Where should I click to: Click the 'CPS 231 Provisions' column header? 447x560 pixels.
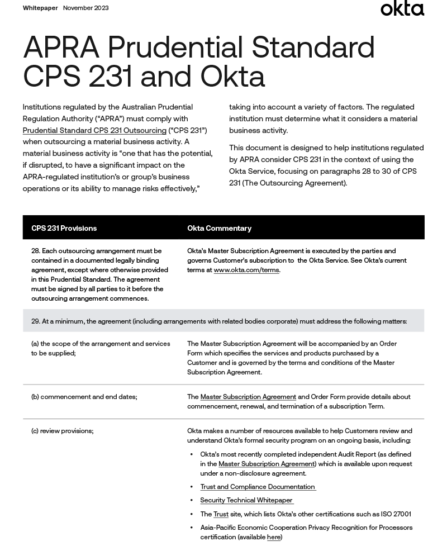(x=64, y=229)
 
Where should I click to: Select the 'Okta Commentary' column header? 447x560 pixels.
(x=219, y=229)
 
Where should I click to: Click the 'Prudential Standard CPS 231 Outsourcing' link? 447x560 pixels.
(x=94, y=131)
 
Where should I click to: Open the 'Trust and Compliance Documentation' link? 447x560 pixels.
(x=258, y=487)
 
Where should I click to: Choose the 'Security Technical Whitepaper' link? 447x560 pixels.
(x=246, y=501)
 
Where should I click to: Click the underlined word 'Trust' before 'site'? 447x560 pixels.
(x=221, y=514)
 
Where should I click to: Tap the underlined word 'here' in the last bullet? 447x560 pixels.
(x=273, y=538)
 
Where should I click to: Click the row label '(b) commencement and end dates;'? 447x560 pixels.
(x=84, y=397)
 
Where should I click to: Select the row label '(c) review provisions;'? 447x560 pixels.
(x=62, y=431)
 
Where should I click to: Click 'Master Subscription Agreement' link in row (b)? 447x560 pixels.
(x=248, y=397)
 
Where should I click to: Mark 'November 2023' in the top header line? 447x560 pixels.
(x=85, y=8)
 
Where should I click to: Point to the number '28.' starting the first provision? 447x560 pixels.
(x=36, y=251)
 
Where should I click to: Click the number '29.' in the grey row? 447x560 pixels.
(x=36, y=321)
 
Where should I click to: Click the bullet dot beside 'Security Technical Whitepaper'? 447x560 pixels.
(x=192, y=501)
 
